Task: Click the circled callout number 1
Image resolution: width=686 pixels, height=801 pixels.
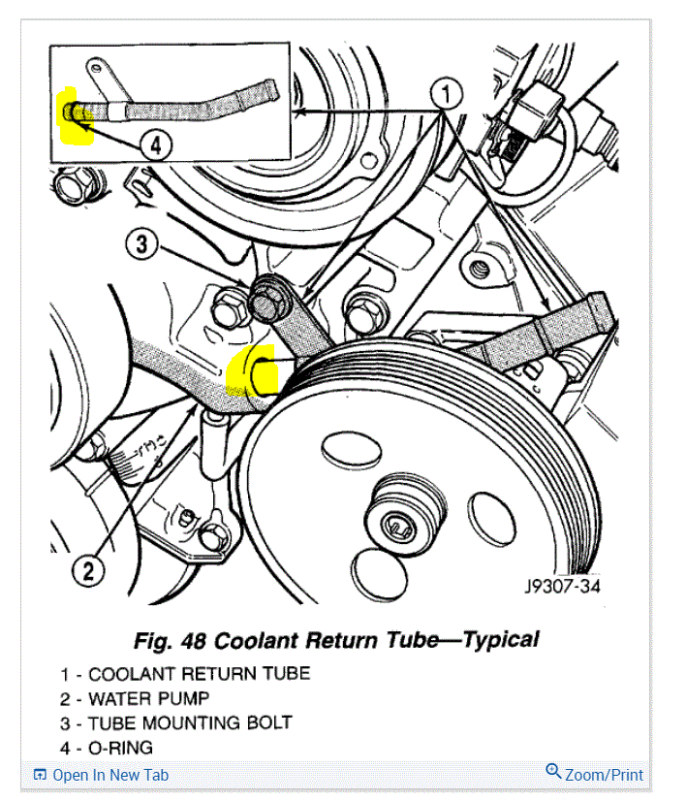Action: tap(446, 95)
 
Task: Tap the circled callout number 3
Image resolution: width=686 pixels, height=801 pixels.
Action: tap(142, 244)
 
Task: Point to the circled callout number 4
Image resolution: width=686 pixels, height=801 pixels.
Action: tap(156, 146)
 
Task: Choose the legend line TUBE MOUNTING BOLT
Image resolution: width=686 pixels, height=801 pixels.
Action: tap(189, 722)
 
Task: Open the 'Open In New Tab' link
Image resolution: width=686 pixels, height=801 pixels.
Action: tap(109, 775)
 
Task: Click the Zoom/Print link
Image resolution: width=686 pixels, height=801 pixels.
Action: tap(604, 775)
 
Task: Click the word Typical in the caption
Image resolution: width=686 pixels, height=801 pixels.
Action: tap(501, 640)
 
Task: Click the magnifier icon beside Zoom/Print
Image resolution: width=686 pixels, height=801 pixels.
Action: tap(553, 772)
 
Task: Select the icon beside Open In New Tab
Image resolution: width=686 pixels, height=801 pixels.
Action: tap(40, 775)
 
